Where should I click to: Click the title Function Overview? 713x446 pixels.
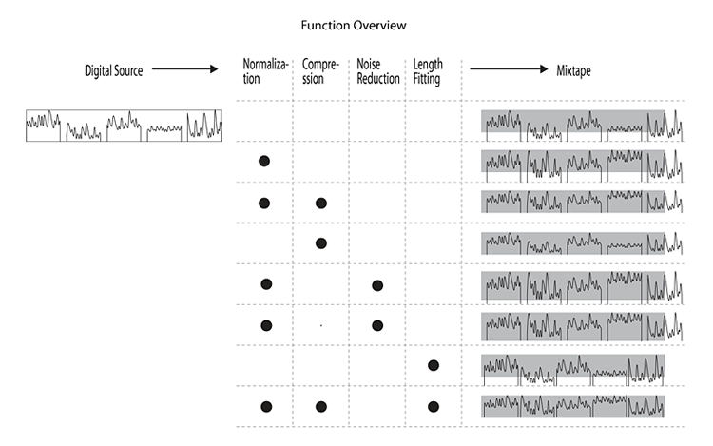click(x=354, y=25)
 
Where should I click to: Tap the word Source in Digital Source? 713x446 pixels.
click(x=127, y=70)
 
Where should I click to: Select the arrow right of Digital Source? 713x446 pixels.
click(x=184, y=69)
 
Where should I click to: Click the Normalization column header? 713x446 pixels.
click(x=265, y=71)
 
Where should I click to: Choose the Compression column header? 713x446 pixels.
click(x=320, y=71)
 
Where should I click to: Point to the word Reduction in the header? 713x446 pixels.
click(x=377, y=79)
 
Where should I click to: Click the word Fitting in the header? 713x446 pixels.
click(x=427, y=79)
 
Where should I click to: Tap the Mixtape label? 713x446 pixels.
click(x=573, y=70)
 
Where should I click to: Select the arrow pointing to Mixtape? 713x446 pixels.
click(x=509, y=69)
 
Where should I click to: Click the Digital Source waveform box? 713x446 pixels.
click(x=124, y=126)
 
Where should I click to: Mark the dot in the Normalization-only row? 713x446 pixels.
click(x=264, y=161)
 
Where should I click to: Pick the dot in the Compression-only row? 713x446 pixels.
click(x=321, y=243)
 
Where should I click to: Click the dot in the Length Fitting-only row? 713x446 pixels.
click(x=434, y=365)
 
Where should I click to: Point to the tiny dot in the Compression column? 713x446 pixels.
click(x=321, y=325)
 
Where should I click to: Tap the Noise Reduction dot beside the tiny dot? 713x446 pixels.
click(x=377, y=325)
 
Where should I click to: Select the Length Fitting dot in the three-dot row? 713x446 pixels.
click(x=434, y=406)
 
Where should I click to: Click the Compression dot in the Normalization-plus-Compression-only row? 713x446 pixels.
click(x=321, y=204)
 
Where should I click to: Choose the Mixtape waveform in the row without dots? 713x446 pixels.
click(x=582, y=126)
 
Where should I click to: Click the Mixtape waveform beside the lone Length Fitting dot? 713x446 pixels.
click(x=573, y=370)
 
